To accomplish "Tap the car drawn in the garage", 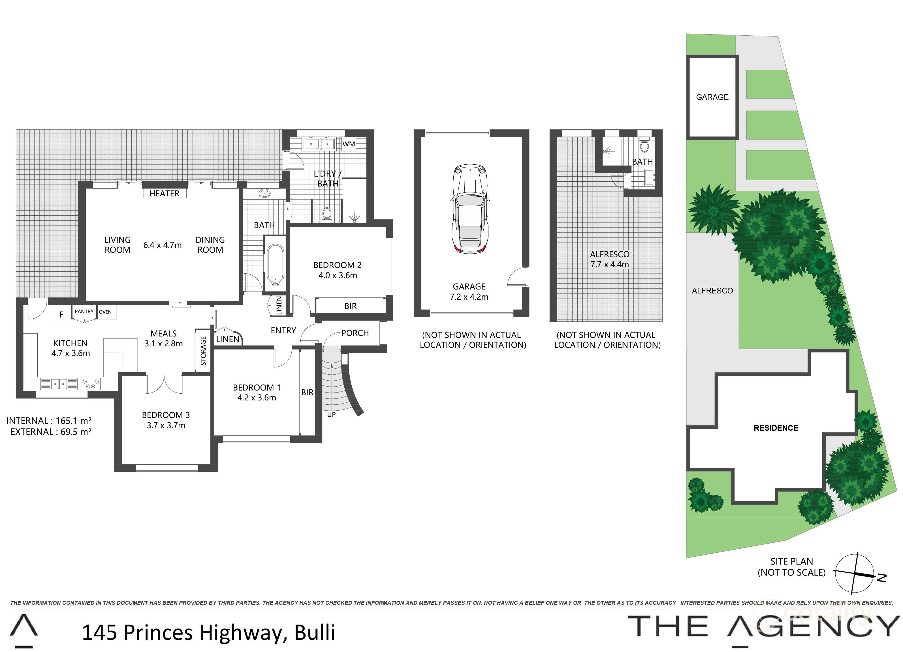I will click(470, 209).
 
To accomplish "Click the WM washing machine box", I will click(348, 144).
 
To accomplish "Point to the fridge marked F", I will click(61, 315).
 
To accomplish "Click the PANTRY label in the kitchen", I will click(84, 312).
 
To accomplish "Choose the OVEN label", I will click(105, 312).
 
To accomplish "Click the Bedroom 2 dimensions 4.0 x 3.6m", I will click(338, 275).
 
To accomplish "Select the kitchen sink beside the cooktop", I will click(59, 384).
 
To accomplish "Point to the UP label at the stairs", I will click(331, 415).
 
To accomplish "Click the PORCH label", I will click(355, 333).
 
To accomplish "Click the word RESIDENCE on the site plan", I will click(776, 428).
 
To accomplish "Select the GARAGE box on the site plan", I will click(712, 97).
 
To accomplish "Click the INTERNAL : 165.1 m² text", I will click(49, 421).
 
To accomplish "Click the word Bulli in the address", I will click(315, 632).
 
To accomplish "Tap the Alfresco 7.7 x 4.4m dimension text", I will click(610, 264).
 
